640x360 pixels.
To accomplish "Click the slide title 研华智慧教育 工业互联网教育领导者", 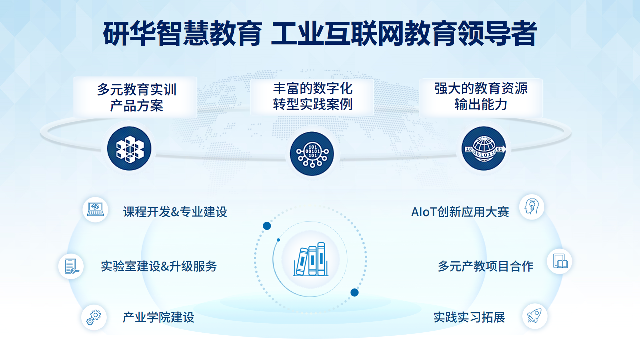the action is point(320,33).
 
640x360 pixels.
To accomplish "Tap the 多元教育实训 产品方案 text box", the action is point(136,97).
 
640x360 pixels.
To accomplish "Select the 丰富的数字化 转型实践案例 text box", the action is point(312,96).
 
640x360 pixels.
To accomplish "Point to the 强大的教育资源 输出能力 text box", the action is point(481,97).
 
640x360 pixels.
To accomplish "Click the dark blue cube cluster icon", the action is point(129,148).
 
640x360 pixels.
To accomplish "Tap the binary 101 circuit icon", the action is point(312,154).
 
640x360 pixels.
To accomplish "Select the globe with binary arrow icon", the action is point(484,148).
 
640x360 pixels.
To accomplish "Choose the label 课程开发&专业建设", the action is point(175,212).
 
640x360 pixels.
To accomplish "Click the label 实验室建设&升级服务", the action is point(159,266).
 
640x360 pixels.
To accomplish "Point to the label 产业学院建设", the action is point(158,317).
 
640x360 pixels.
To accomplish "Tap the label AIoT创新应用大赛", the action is point(460,212).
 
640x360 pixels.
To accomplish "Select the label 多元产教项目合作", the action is point(486,266).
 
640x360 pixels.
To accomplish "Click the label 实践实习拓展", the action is point(469,317).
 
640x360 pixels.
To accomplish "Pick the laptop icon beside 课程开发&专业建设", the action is point(95,210).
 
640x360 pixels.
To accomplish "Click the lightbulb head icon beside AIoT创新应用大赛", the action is point(532,207).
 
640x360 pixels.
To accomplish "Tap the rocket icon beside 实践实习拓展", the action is point(535,316).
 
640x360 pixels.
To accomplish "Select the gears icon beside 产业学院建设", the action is point(94,317).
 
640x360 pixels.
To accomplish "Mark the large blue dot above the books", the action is point(267,226).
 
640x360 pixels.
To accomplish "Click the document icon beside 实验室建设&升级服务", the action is point(71,266).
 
